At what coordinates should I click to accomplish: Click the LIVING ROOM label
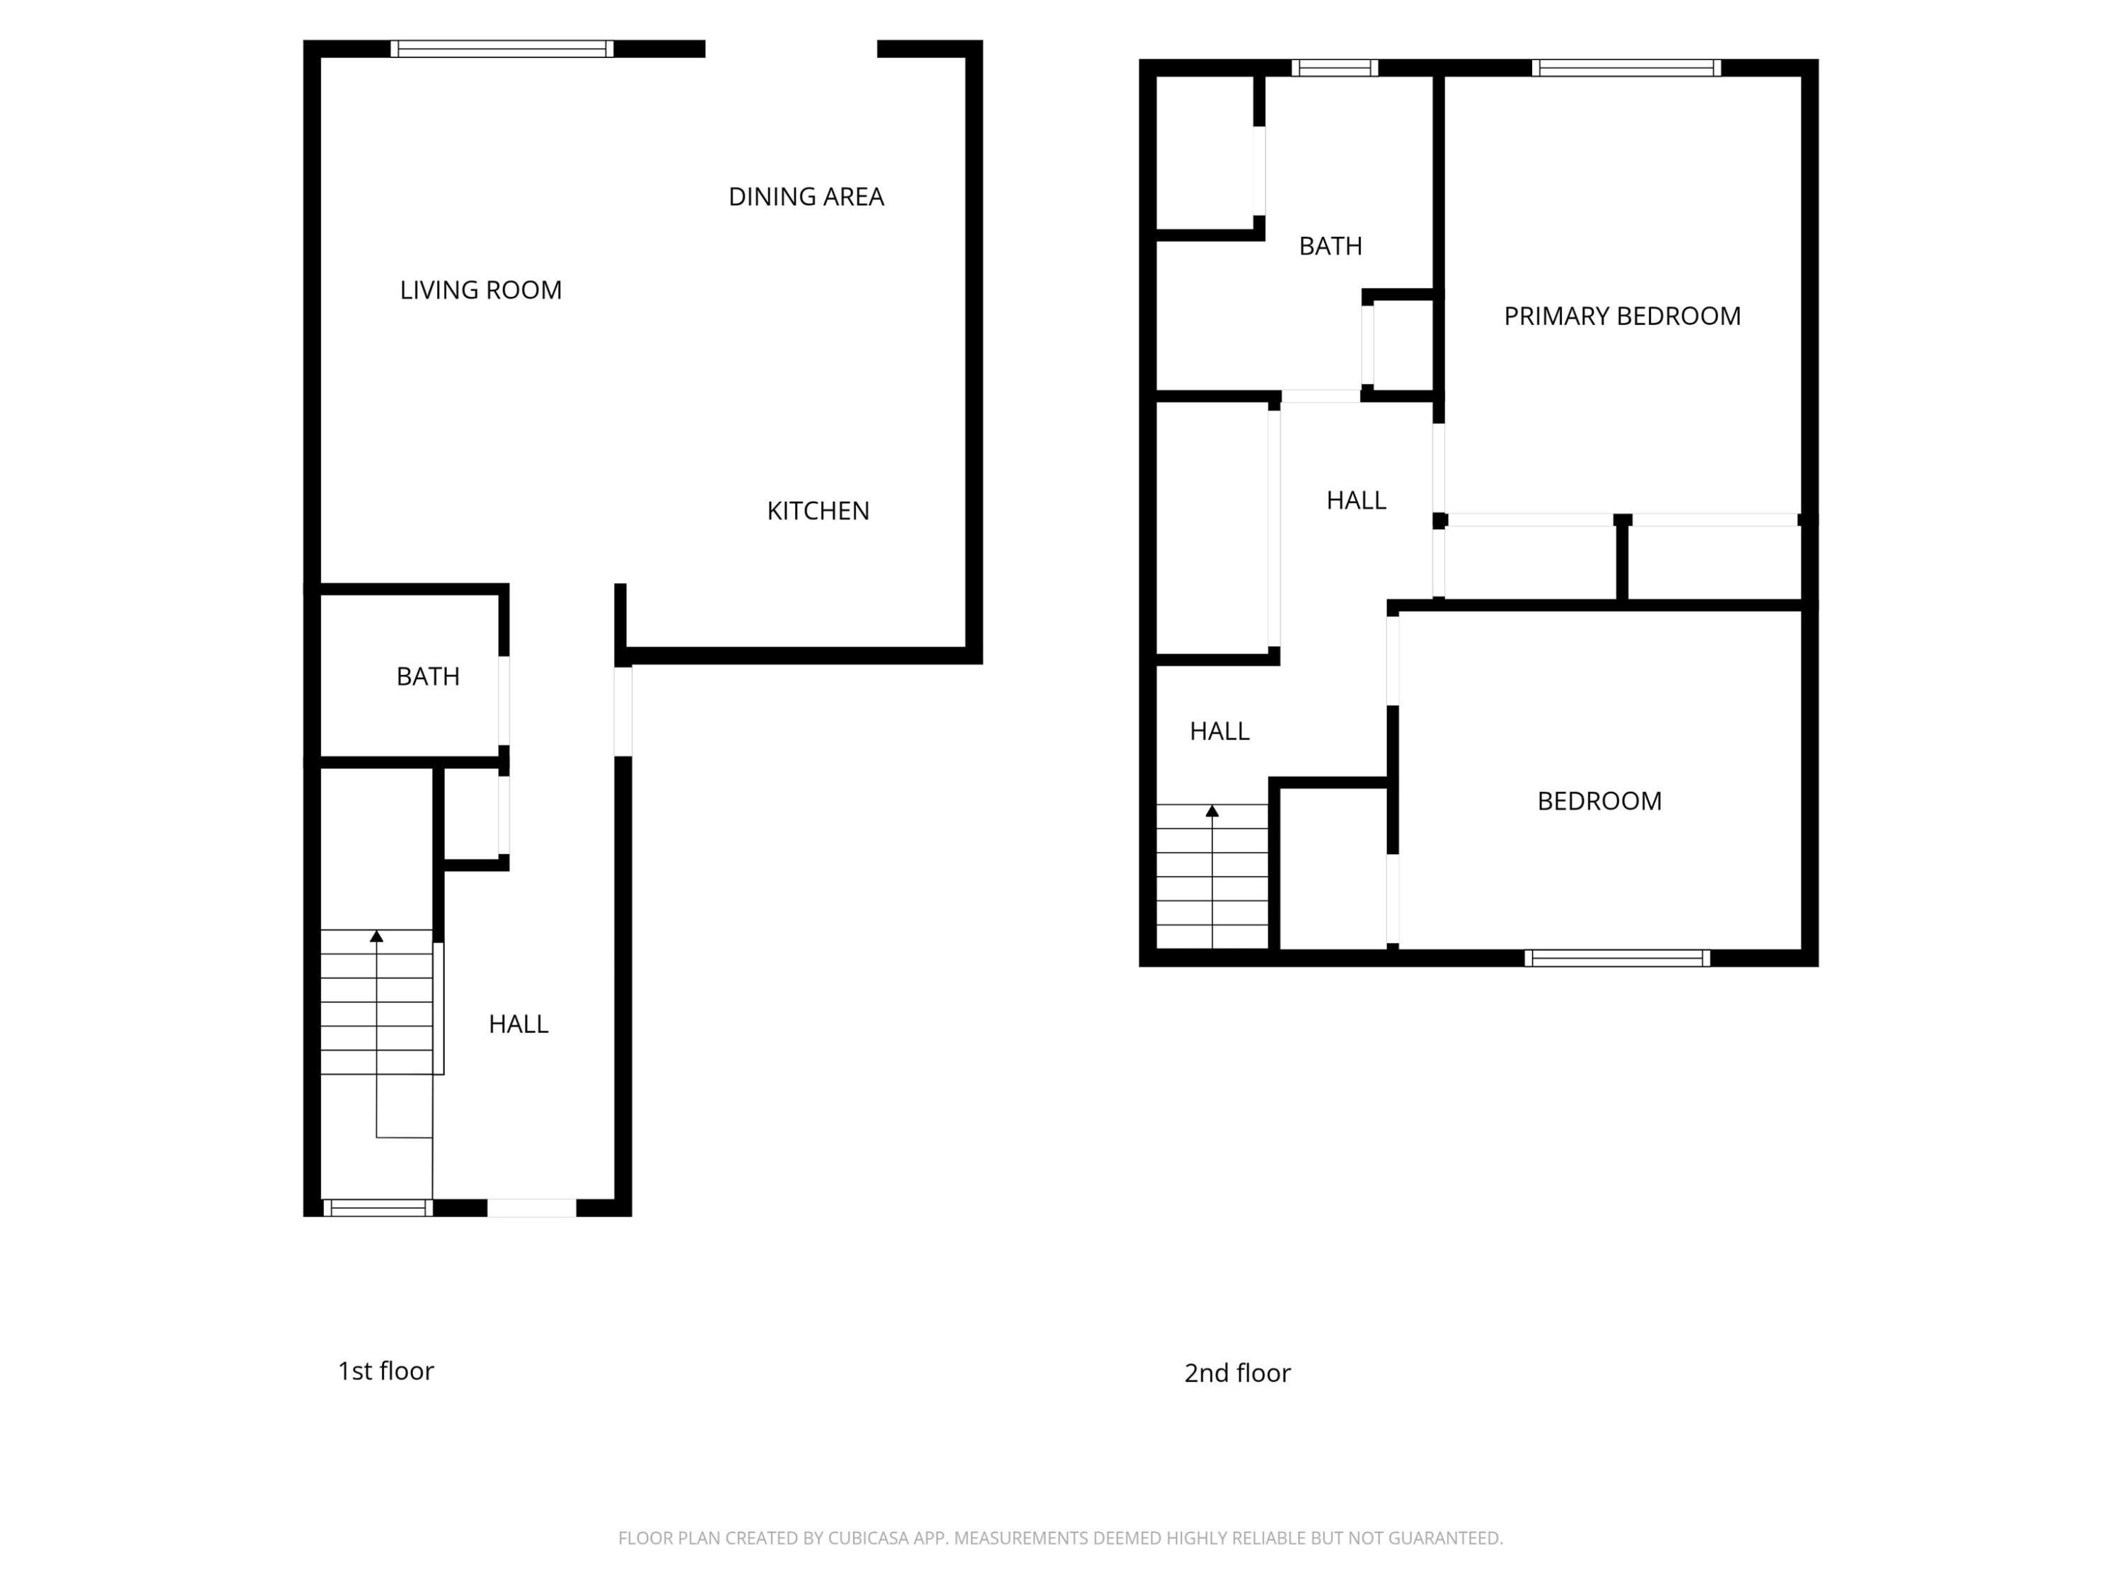480,290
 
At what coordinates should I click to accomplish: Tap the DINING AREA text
806,197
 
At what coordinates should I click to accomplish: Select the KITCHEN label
818,511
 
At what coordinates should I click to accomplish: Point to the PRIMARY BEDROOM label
1622,316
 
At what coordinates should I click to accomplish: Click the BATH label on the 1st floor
428,676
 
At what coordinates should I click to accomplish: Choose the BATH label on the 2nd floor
1330,246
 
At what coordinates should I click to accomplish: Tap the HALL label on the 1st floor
518,1024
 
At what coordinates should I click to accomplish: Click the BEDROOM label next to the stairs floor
1599,801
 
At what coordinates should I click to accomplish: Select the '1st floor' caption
385,1371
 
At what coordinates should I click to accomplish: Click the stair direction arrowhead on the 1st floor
377,935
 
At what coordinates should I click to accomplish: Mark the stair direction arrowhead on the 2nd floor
1212,811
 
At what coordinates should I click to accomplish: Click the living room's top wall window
501,49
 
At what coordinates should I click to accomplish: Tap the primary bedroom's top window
1626,68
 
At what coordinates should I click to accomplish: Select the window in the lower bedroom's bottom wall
1618,958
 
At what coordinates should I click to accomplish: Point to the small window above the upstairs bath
1335,68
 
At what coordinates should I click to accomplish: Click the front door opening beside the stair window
531,1209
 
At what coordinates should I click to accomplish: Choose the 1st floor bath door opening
504,700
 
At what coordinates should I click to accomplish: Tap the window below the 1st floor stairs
377,1209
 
